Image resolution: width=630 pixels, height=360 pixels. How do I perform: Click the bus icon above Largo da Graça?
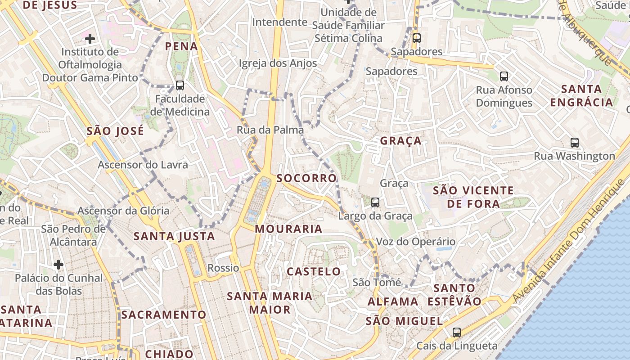coord(375,202)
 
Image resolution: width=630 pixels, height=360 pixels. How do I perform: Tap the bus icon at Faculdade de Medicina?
coord(180,85)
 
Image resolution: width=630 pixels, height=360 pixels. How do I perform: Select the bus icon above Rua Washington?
coord(575,143)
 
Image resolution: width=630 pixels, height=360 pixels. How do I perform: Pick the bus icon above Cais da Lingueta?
coord(457,333)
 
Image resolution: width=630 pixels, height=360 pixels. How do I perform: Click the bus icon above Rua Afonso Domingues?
coord(504,76)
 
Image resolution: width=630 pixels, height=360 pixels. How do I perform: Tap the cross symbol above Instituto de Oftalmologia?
coord(90,39)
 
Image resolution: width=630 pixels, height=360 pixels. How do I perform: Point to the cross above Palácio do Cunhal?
coord(58,264)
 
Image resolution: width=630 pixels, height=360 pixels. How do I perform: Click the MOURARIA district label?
coord(288,229)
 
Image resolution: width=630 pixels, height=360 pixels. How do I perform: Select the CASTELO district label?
coord(314,272)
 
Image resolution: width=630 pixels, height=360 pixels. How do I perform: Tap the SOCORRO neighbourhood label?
coord(306,178)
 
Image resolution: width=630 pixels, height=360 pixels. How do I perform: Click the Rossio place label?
coord(223,268)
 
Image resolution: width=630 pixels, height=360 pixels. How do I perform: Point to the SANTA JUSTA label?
coord(174,236)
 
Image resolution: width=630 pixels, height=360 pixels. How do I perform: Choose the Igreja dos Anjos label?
coord(278,63)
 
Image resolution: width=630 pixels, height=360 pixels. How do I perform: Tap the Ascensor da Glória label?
coord(123,211)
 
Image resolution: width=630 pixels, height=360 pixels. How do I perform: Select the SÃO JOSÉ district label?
coord(115,131)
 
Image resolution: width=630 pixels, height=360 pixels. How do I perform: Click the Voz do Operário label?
coord(415,242)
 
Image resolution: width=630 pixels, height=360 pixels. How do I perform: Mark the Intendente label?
coord(279,22)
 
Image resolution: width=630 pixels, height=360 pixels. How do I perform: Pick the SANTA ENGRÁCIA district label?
coord(582,95)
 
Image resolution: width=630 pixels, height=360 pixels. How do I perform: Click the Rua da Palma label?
coord(270,130)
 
